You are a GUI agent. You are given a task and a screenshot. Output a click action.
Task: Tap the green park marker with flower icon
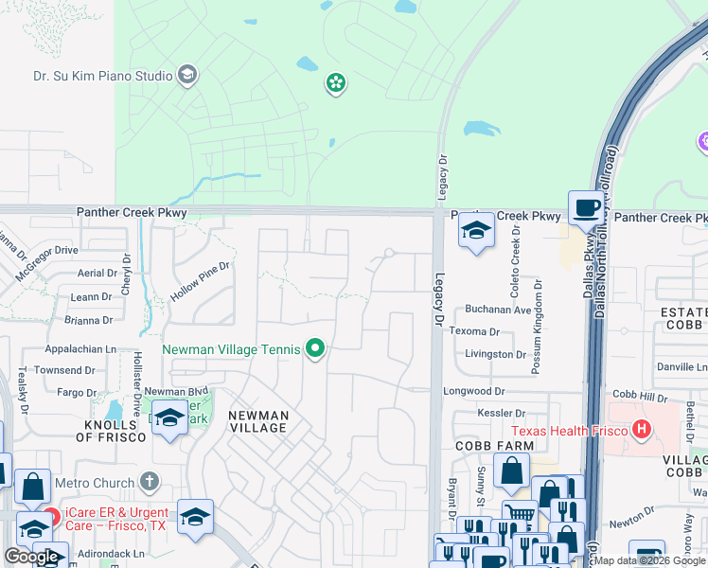(x=335, y=84)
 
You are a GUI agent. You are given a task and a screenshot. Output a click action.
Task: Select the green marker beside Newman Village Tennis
(x=316, y=350)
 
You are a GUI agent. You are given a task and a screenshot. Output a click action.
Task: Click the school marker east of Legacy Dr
(x=476, y=232)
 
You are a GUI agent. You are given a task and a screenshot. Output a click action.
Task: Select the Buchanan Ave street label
(x=496, y=310)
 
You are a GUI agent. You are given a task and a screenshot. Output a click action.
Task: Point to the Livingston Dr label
(x=494, y=355)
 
